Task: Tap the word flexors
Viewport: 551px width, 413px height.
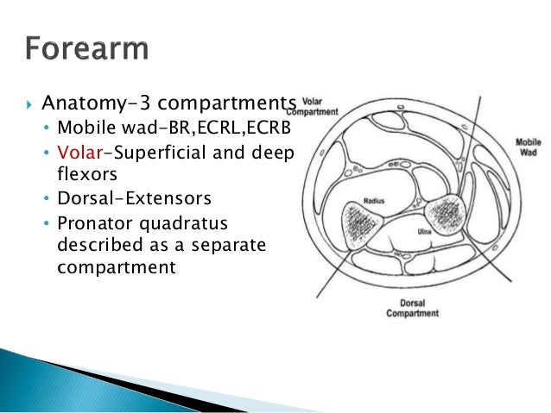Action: (x=85, y=175)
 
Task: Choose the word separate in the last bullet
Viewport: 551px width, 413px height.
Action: (x=221, y=245)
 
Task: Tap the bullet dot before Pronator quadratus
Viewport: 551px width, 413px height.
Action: (x=47, y=222)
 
